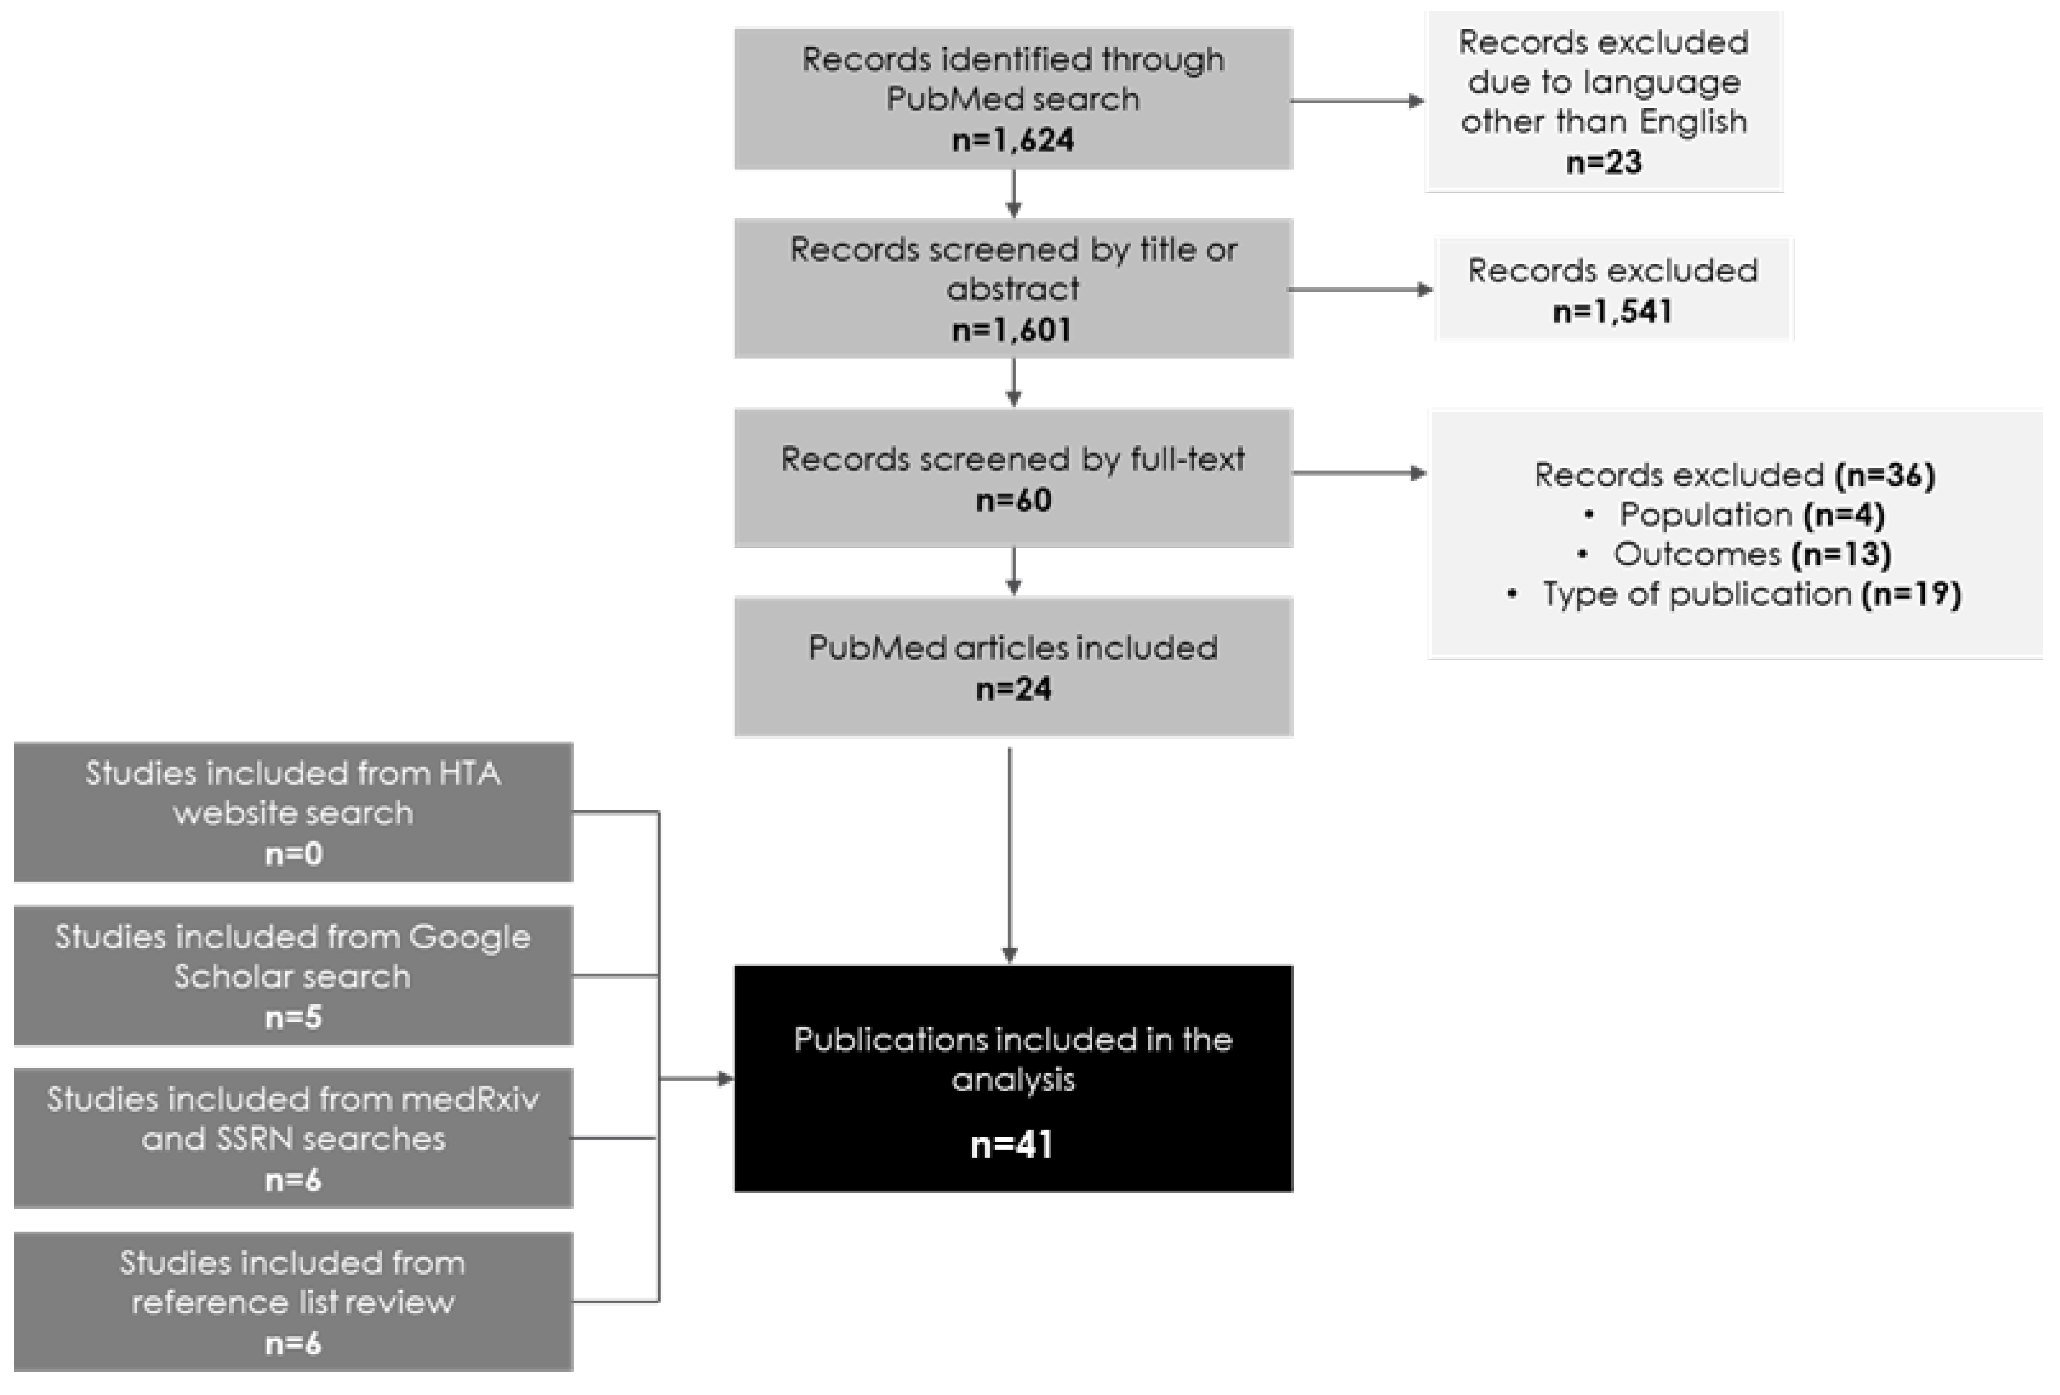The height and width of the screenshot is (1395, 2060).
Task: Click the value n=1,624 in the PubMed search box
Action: click(x=1012, y=140)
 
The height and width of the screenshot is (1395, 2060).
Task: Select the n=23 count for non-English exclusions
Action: click(x=1604, y=162)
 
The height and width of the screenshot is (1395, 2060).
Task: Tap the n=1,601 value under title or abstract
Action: click(x=1012, y=330)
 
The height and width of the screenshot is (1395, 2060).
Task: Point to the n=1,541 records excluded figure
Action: click(x=1613, y=311)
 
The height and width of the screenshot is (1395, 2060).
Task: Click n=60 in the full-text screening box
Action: click(x=1013, y=500)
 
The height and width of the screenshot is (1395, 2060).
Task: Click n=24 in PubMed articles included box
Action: click(x=1013, y=689)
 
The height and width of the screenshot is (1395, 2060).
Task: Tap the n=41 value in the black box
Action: click(x=1012, y=1144)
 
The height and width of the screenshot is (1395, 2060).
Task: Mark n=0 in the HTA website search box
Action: click(x=294, y=853)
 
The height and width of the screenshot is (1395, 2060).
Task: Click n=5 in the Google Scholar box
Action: click(x=294, y=1017)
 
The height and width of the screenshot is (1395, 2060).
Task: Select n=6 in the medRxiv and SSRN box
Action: click(x=294, y=1180)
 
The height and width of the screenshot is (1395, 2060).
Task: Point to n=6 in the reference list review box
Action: click(x=294, y=1343)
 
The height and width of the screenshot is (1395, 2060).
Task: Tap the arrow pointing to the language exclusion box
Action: click(x=1356, y=101)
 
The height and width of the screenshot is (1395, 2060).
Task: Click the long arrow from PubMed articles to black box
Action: click(x=1010, y=851)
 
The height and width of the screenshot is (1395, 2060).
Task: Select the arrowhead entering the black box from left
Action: click(x=725, y=1078)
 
